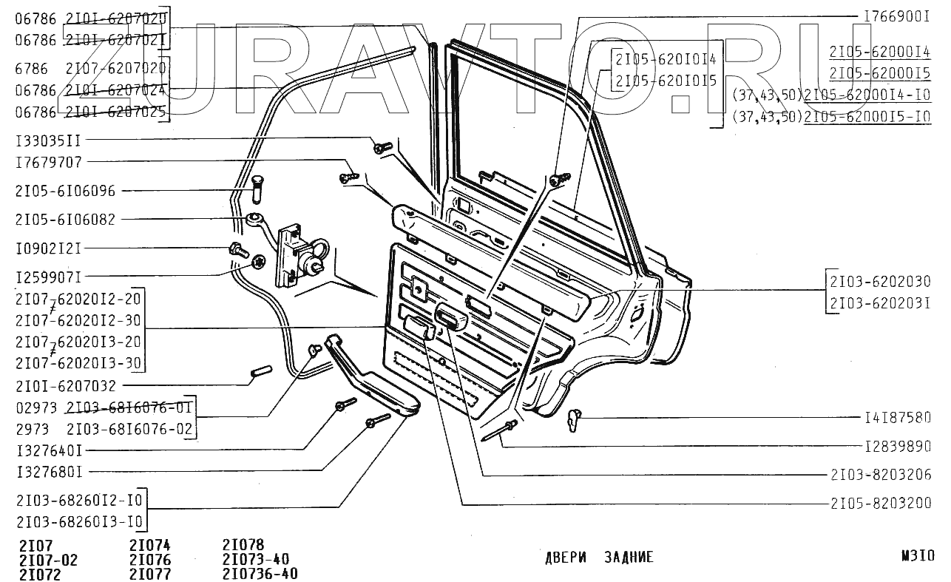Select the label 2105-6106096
tap(65, 191)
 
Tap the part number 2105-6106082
tap(65, 219)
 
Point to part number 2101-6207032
tap(65, 386)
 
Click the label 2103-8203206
tap(880, 475)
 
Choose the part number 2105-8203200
tap(880, 503)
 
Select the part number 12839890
tap(897, 447)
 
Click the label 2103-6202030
tap(880, 282)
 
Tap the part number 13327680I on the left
tap(49, 471)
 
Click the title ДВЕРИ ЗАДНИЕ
tap(598, 558)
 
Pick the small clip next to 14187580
tap(575, 420)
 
